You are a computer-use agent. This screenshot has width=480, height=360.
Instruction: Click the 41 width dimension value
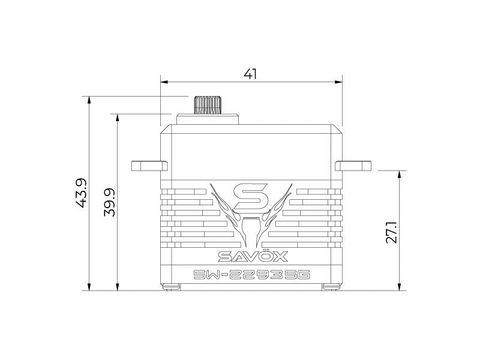click(251, 74)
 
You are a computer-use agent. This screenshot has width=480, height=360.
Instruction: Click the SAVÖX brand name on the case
click(251, 257)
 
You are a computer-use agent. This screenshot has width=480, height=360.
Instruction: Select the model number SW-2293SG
click(251, 275)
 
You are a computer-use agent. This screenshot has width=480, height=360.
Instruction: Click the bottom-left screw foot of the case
click(172, 286)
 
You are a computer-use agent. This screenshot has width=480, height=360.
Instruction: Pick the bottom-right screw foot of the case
click(330, 286)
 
